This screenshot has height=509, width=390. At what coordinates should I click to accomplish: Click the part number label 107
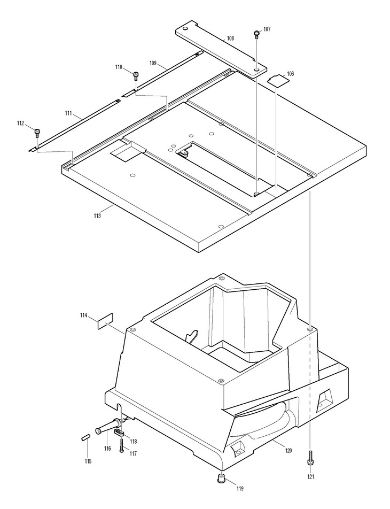point(267,29)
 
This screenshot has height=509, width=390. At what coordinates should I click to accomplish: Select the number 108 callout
point(230,38)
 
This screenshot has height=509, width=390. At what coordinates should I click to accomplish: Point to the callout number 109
point(153,63)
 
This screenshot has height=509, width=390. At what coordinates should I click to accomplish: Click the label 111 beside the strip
point(69,113)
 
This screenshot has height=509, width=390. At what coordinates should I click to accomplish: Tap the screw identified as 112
point(37,132)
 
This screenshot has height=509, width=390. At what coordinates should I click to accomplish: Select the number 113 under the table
point(97,215)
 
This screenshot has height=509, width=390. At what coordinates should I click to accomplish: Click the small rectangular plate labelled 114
point(105,319)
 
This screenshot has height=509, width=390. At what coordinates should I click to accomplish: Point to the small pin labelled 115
point(85,438)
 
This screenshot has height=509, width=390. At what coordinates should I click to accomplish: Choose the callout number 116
point(107,448)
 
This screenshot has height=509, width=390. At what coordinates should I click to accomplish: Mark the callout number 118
point(133,441)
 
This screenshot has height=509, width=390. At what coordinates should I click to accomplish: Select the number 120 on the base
point(288,450)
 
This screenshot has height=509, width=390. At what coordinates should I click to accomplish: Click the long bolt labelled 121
point(310,458)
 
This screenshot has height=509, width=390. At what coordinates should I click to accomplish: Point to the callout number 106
point(290,73)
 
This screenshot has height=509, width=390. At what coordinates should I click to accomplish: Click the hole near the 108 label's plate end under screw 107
point(257,68)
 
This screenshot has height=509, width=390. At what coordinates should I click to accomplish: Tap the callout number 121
point(310,476)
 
